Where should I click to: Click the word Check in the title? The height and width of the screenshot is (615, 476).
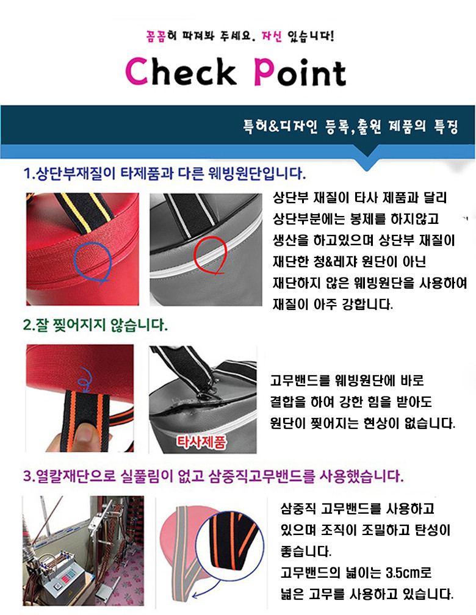pos(181,72)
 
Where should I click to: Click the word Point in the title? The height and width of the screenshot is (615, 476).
pos(300,72)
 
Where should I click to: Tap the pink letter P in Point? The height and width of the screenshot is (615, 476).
pos(264,72)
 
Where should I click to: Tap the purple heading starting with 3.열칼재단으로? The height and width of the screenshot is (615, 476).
pos(213,475)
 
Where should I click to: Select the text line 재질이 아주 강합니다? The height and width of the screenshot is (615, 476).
pos(333,303)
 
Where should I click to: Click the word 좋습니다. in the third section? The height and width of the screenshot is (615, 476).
pos(306,552)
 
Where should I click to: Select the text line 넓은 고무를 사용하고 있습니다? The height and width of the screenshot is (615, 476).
pos(367,593)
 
